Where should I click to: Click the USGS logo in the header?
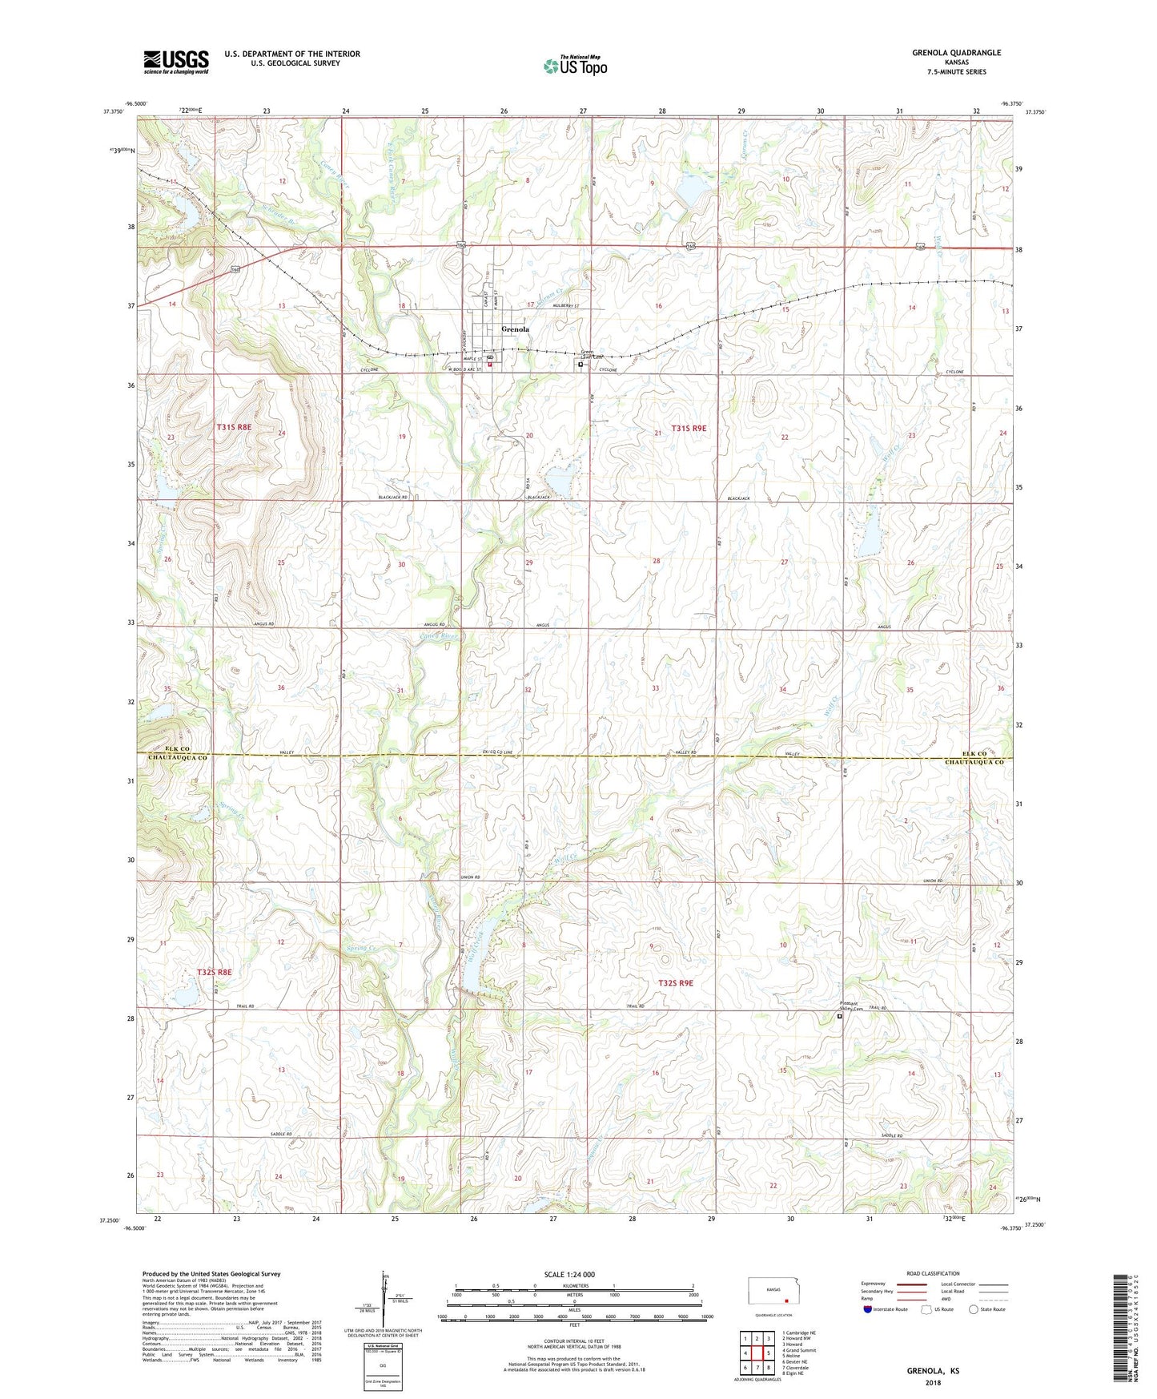click(x=175, y=62)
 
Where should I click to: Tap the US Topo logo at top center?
click(x=574, y=65)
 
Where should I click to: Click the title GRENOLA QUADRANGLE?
click(x=956, y=53)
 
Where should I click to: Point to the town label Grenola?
click(x=515, y=329)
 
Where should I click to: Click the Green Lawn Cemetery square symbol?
click(x=581, y=364)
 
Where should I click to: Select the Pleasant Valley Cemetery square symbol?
click(x=839, y=1017)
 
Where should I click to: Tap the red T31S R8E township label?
click(x=233, y=428)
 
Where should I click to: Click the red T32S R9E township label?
click(x=675, y=982)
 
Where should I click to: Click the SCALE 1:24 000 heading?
click(x=569, y=1274)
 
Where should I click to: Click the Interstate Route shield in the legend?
click(x=868, y=1309)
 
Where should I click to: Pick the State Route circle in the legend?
click(x=974, y=1309)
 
